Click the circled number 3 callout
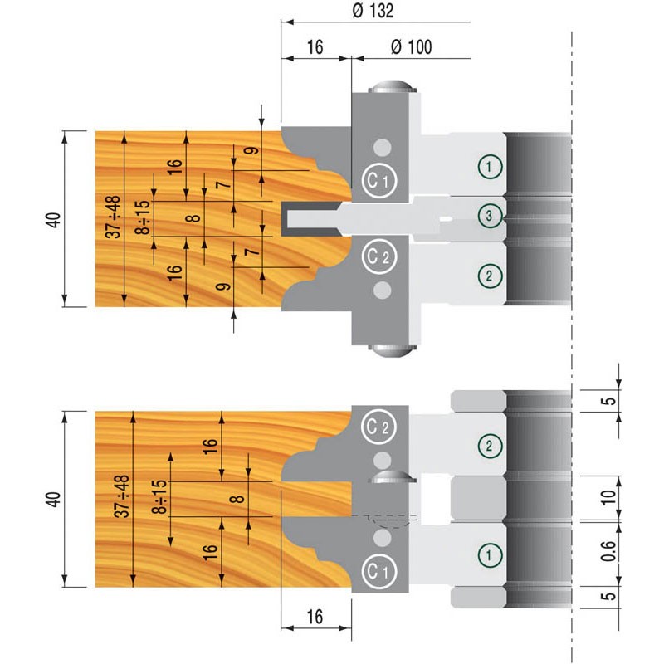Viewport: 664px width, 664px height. [x=491, y=216]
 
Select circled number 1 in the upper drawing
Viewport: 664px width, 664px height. [x=491, y=166]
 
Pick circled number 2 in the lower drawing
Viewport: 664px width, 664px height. [x=491, y=446]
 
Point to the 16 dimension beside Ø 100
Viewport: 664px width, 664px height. [x=315, y=47]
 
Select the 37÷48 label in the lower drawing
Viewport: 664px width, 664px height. [x=122, y=496]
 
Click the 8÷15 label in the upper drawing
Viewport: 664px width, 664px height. [x=144, y=218]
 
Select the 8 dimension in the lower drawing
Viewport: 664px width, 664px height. [x=236, y=499]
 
